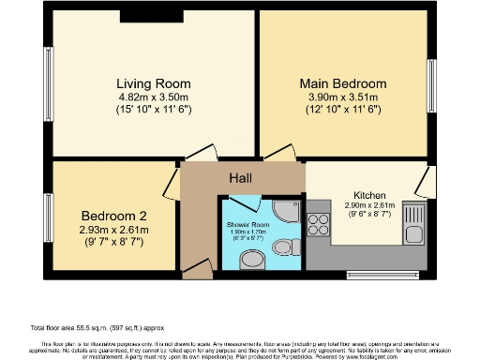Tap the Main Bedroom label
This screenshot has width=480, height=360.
point(342,82)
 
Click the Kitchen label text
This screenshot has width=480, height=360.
point(369,194)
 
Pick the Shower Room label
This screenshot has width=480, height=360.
point(248,226)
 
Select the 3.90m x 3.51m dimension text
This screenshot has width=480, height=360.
point(342,97)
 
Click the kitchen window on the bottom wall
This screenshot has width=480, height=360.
point(371,274)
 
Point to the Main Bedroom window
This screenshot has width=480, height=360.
point(431,86)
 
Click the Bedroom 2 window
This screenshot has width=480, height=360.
point(49,216)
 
